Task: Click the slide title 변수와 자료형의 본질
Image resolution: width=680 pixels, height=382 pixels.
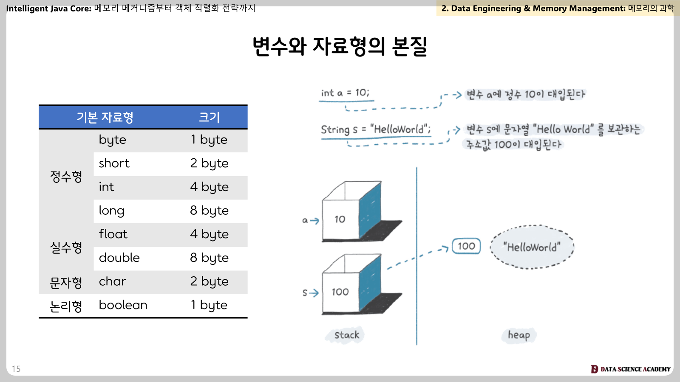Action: [340, 46]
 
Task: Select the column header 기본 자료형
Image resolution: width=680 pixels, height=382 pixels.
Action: [105, 117]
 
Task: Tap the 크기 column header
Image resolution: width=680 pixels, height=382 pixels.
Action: [209, 117]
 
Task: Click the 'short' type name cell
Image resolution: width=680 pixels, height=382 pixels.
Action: [114, 163]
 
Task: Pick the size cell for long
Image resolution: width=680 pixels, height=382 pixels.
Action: [209, 211]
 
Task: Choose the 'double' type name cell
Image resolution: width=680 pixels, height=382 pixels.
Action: [119, 257]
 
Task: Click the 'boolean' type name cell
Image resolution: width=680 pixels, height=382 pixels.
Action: [123, 305]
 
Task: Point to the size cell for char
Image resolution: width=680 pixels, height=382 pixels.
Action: [209, 281]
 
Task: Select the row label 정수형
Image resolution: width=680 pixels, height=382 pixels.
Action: [66, 177]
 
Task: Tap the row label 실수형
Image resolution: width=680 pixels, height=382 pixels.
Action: [66, 247]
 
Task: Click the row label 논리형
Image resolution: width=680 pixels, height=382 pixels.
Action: [66, 306]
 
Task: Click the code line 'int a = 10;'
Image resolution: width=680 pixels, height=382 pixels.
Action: [345, 93]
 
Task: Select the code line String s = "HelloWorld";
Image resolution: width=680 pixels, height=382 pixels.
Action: [376, 129]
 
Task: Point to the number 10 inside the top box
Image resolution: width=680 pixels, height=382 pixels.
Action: [340, 219]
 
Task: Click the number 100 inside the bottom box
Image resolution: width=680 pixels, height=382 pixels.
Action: [340, 292]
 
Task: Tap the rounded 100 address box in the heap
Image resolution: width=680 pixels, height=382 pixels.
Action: [466, 246]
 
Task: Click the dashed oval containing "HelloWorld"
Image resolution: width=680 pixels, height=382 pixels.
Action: [532, 225]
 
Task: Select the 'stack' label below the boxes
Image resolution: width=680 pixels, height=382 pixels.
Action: [347, 335]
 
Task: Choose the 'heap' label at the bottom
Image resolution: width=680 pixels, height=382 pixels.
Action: [519, 335]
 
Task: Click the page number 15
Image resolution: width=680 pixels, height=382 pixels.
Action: [16, 369]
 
